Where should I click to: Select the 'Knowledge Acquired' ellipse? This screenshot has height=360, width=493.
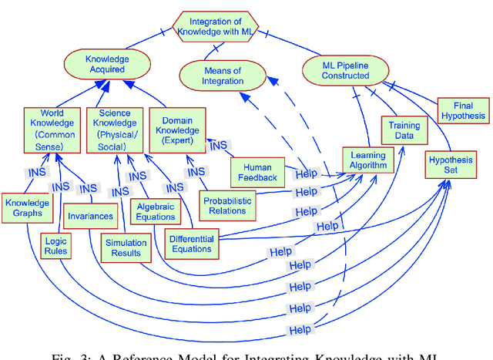click(x=107, y=63)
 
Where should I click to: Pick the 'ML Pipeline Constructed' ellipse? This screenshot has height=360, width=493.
click(x=344, y=70)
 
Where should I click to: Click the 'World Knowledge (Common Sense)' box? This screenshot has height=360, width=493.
click(x=52, y=130)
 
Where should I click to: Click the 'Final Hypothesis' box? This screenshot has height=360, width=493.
click(x=463, y=110)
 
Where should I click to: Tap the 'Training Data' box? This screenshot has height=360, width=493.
click(x=404, y=130)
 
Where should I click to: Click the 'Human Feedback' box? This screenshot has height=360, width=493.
click(x=257, y=173)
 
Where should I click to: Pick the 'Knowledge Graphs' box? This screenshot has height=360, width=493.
click(x=26, y=208)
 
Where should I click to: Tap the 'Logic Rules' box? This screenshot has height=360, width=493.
click(x=55, y=246)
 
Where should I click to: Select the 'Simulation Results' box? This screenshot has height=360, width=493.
click(x=126, y=247)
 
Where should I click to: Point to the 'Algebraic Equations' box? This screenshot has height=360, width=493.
click(x=156, y=211)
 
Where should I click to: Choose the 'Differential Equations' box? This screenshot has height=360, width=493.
click(x=192, y=244)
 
